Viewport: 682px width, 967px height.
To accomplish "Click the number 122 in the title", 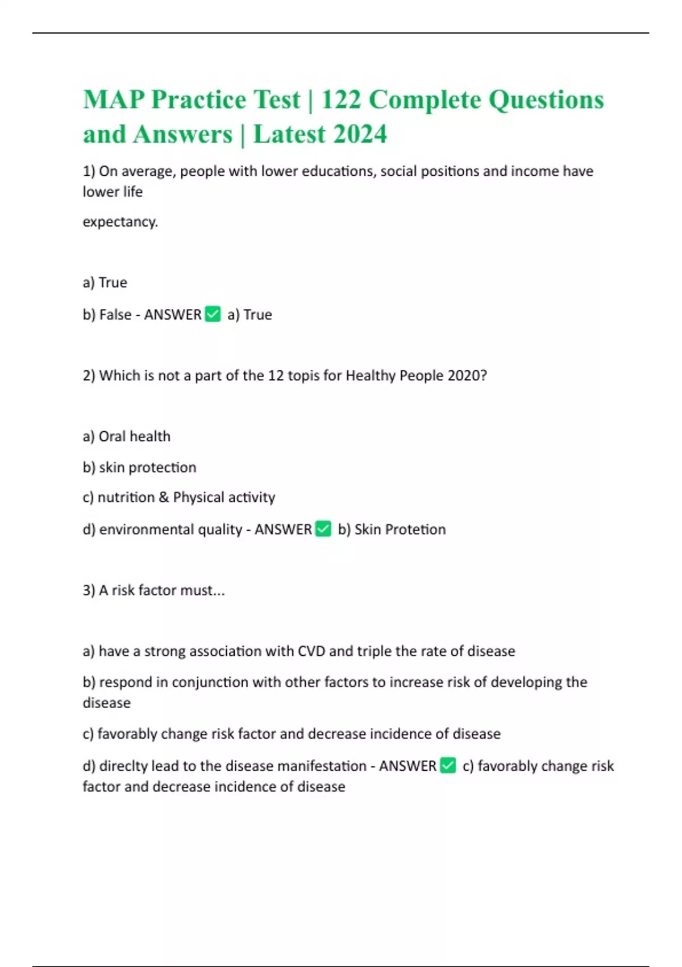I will [341, 100].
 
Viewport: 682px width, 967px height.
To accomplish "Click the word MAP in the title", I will [114, 100].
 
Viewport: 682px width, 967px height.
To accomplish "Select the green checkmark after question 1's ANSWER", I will [213, 314].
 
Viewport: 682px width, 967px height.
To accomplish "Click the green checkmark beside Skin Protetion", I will [323, 529].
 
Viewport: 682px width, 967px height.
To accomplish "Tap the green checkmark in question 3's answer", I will [448, 766].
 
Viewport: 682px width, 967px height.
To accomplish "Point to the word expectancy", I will [120, 222].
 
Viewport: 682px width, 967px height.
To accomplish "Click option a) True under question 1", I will [105, 283].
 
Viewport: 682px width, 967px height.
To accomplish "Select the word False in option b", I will [115, 315].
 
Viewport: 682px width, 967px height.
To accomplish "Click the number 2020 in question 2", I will [467, 375].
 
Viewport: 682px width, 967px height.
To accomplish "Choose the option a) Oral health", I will [127, 436].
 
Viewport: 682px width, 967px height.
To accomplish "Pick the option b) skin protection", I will [140, 467].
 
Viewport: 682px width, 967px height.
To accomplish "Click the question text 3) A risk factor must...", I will [153, 590].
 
